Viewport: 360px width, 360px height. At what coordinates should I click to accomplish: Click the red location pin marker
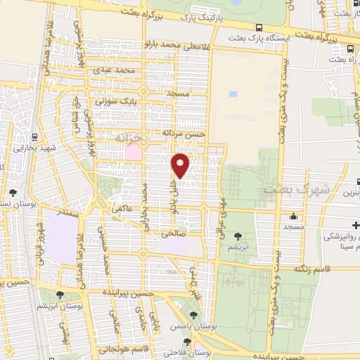point(181,165)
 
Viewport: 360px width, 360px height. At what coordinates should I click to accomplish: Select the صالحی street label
point(172,233)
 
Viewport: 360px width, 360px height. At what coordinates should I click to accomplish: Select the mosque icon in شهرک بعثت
point(292,217)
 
